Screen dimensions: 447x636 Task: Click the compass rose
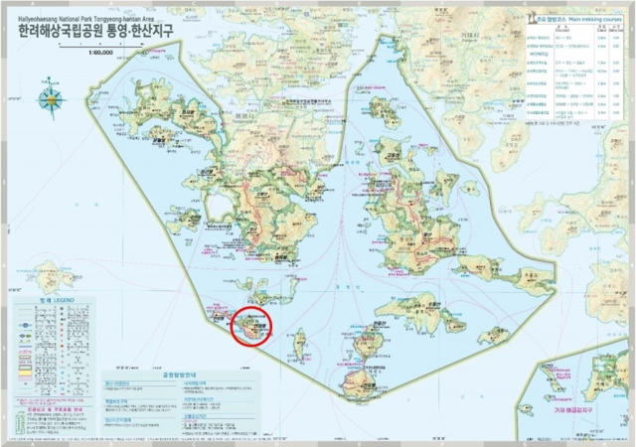click(x=50, y=99)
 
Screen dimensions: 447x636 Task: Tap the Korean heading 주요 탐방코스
click(x=543, y=19)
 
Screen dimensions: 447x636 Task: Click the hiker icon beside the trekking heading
click(x=524, y=19)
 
